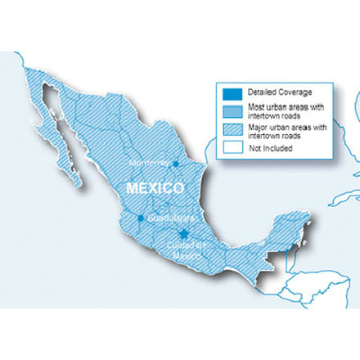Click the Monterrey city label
point(149,163)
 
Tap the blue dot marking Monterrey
point(176,163)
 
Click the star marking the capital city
point(185,235)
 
